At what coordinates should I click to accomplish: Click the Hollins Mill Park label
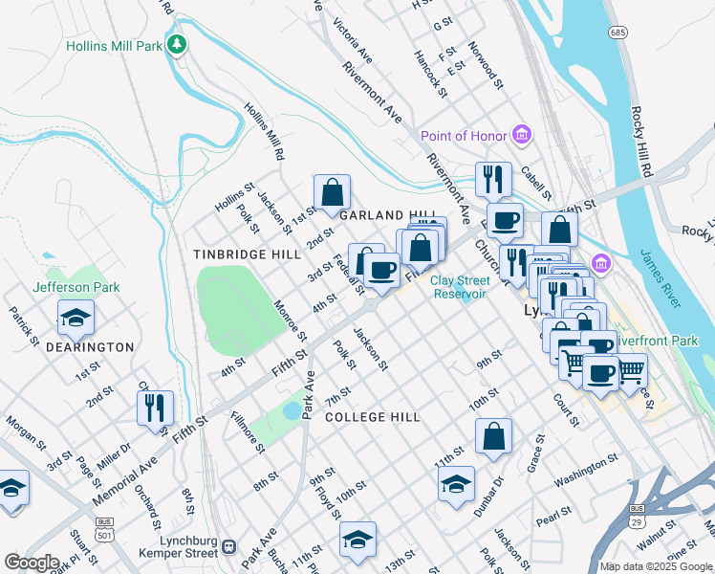coord(113,45)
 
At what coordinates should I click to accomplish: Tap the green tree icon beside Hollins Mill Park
coord(176,45)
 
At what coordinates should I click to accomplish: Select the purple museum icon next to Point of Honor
coord(521,136)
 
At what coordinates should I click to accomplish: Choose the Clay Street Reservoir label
coord(458,287)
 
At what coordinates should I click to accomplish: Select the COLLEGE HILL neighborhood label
coord(372,417)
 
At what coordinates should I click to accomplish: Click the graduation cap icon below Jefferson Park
coord(76,315)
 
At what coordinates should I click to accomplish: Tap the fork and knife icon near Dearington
coord(154,406)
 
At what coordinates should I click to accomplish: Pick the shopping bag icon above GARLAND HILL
coord(331,190)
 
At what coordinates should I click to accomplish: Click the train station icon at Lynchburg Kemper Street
coord(228,547)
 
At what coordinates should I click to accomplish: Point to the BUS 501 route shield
coord(103,528)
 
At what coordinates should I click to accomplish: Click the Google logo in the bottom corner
coord(32,563)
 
